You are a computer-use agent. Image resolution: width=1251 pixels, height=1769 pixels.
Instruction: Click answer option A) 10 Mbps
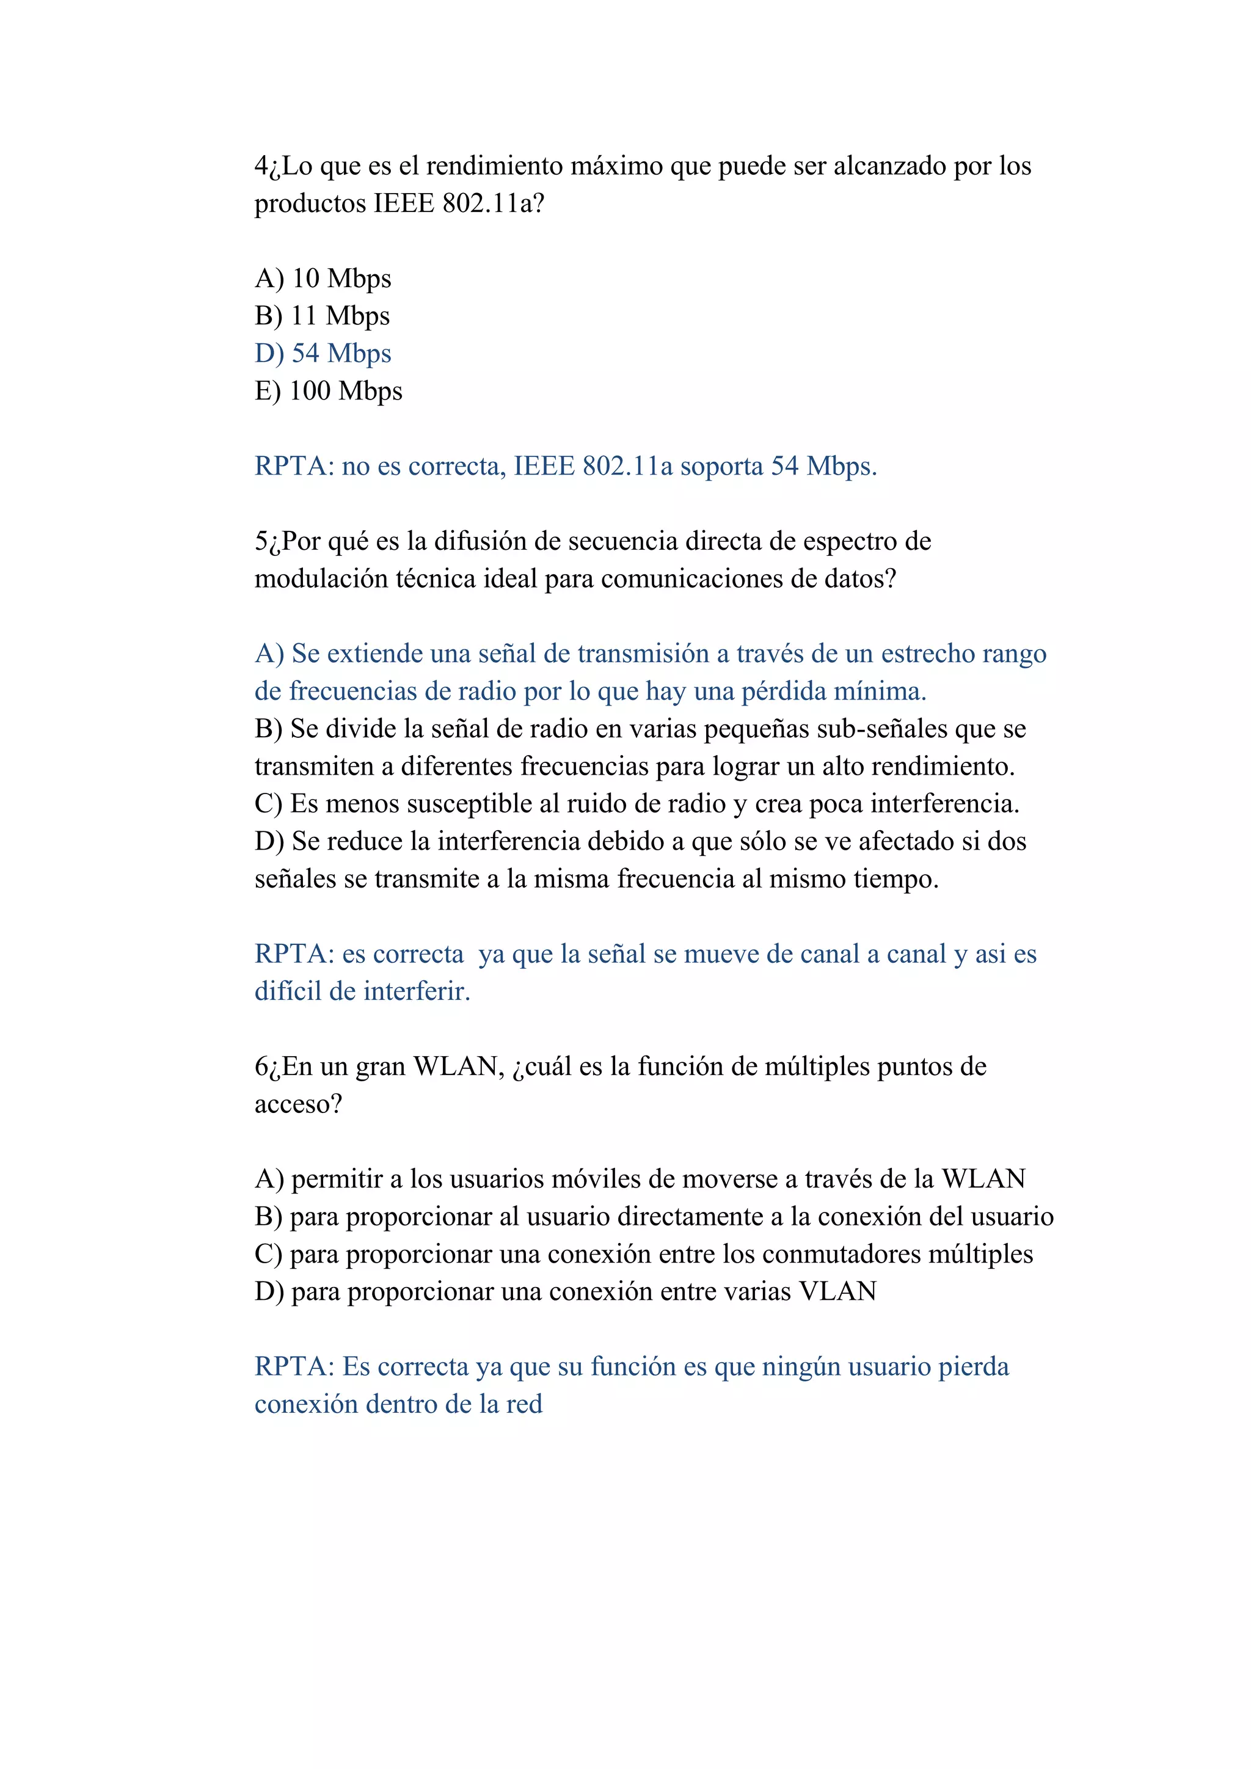pos(323,278)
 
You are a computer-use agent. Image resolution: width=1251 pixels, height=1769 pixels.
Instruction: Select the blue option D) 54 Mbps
pos(323,353)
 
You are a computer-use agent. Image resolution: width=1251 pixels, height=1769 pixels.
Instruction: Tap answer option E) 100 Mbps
pos(328,390)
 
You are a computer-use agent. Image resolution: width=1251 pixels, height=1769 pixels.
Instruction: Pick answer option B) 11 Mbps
pos(322,316)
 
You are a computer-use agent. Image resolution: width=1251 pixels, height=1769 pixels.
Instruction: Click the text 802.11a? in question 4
pos(493,203)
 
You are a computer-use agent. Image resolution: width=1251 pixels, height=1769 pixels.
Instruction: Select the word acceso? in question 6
pos(298,1104)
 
